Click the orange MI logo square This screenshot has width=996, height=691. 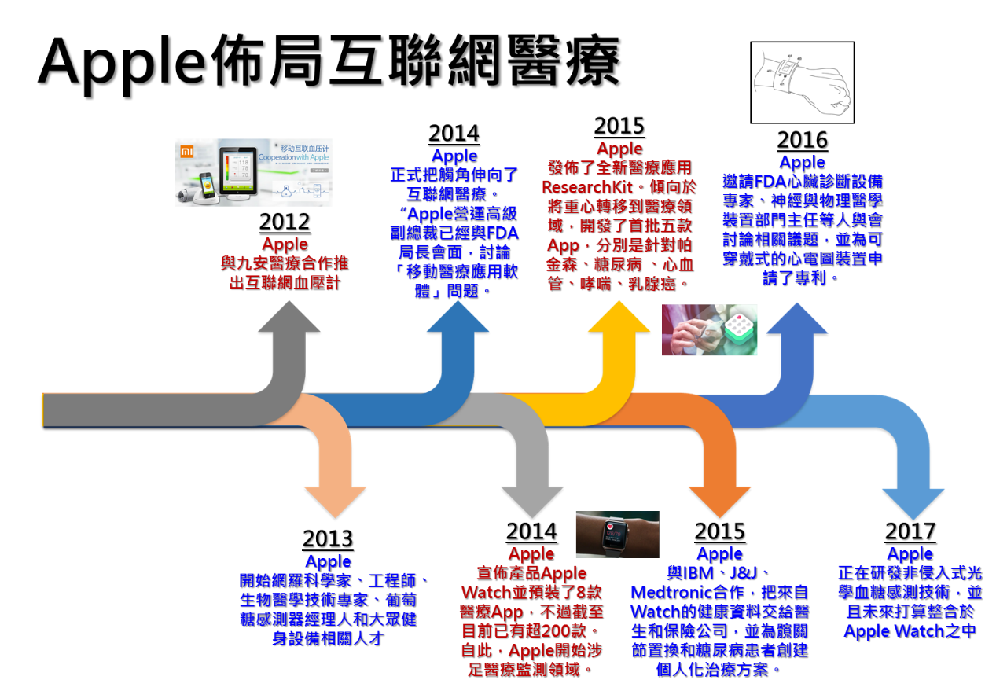(186, 151)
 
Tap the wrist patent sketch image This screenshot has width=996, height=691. (802, 82)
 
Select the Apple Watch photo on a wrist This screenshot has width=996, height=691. (616, 534)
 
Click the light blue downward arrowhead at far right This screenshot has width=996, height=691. (913, 503)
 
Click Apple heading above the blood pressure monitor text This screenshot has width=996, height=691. (285, 244)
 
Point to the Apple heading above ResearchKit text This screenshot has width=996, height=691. (619, 149)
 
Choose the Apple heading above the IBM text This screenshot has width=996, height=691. (719, 553)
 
